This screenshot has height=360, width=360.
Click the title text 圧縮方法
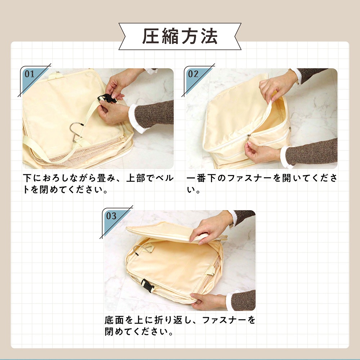click(180, 36)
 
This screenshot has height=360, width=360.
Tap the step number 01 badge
click(30, 74)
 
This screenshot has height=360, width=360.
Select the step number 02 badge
click(193, 74)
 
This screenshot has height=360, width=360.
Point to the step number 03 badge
click(111, 216)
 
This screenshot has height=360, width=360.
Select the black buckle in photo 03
click(147, 285)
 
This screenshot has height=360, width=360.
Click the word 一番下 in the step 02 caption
click(201, 178)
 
